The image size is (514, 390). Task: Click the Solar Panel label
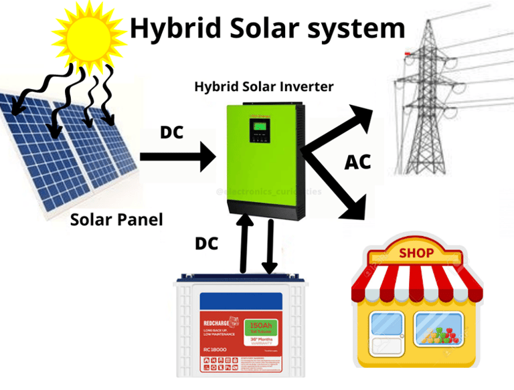(x=116, y=219)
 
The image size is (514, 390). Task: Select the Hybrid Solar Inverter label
(x=264, y=87)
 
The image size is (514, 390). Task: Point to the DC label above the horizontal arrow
(x=171, y=132)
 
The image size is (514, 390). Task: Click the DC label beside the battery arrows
(x=206, y=243)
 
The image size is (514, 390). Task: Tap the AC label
(x=357, y=163)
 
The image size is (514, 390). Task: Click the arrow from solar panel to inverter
(x=177, y=159)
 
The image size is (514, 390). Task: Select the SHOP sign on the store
(x=416, y=253)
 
